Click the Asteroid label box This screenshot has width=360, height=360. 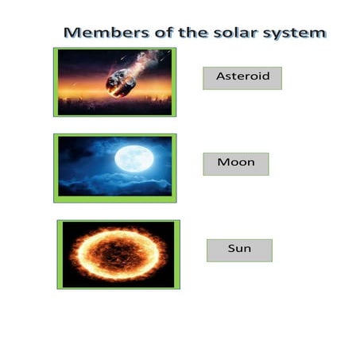(242, 78)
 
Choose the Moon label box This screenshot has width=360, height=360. (236, 163)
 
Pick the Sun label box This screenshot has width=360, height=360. (239, 250)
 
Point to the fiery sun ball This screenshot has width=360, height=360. (118, 254)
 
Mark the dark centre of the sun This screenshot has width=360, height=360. (118, 254)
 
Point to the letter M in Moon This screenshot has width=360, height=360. (223, 163)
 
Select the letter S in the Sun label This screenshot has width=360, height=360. (231, 250)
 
